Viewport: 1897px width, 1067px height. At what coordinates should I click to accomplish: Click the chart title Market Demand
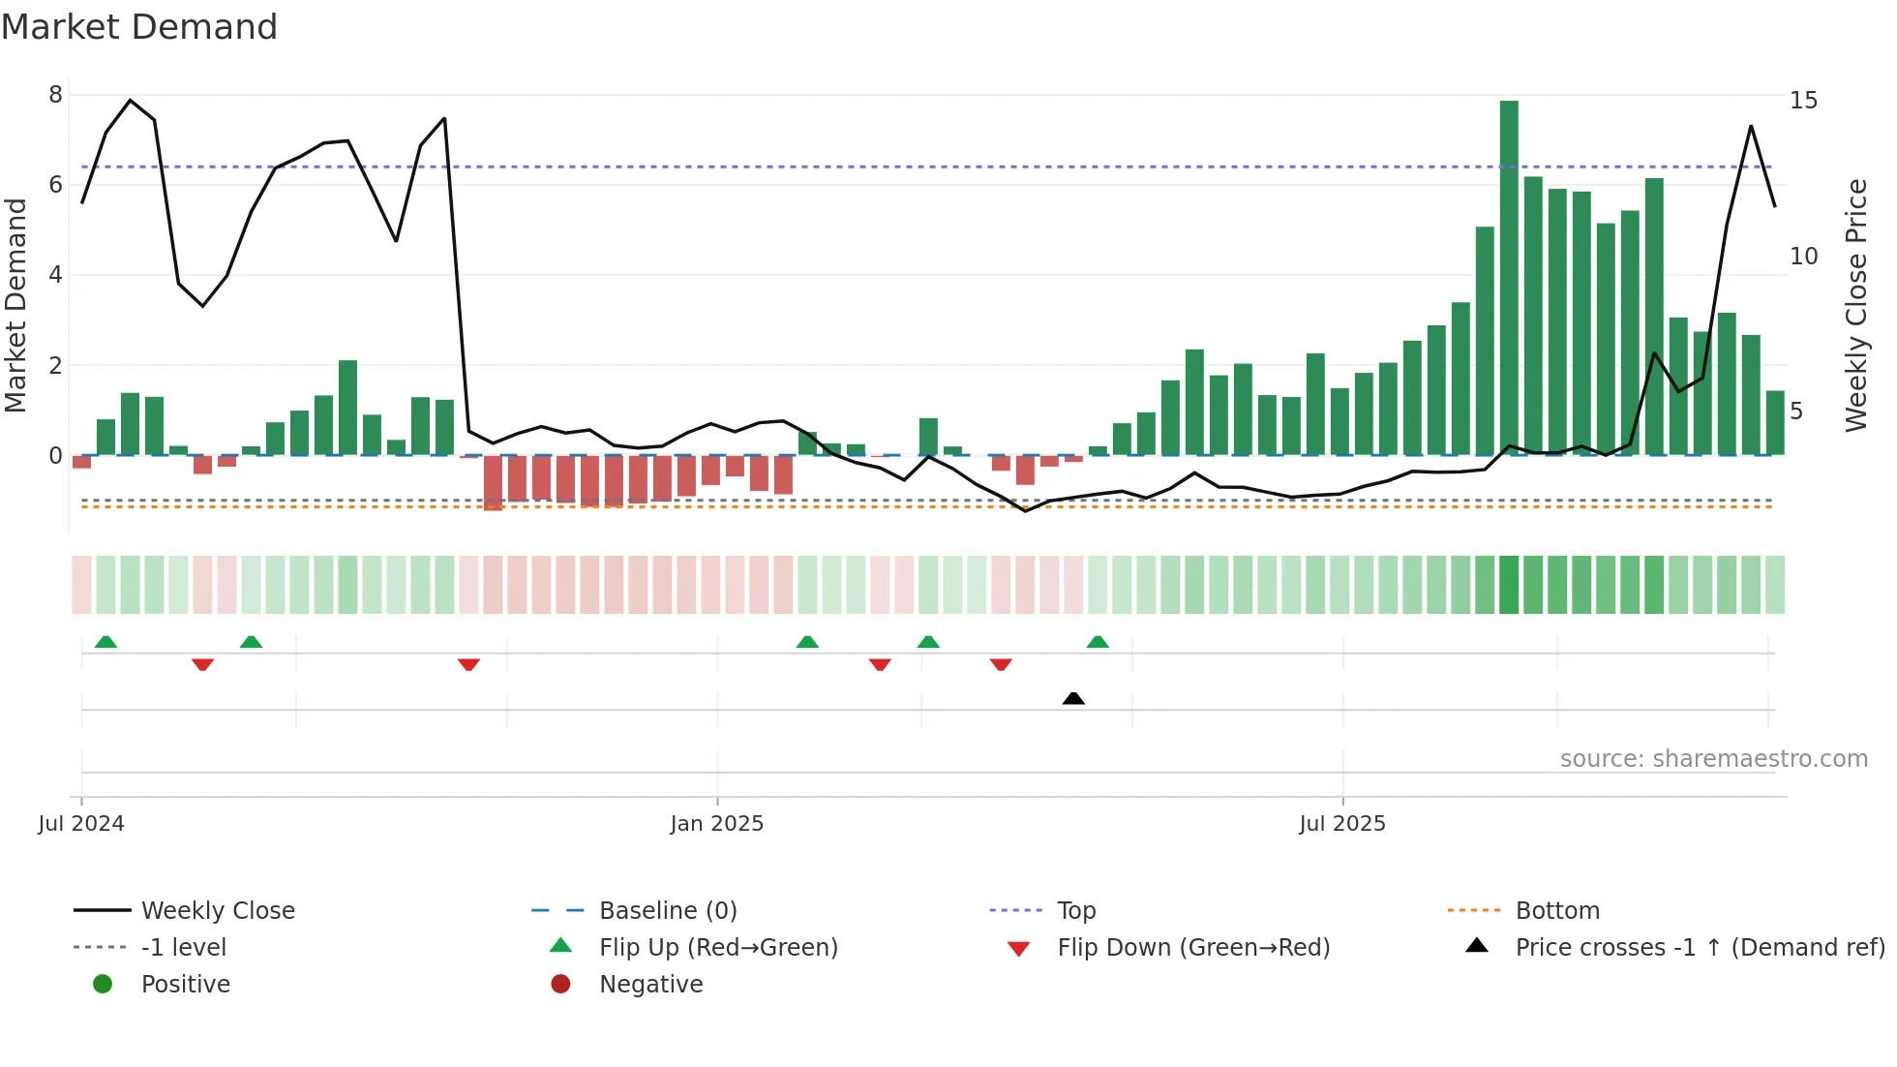139,27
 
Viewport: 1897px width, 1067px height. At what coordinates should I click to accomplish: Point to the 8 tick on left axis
55,95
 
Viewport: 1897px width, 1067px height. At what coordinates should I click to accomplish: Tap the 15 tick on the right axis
1803,101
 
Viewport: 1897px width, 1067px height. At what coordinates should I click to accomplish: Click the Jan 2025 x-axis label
716,824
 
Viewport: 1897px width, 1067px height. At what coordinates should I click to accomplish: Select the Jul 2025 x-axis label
1341,824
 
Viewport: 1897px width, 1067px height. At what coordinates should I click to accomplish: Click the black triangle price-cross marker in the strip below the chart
1073,698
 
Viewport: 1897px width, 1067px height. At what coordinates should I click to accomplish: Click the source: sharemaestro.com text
1713,759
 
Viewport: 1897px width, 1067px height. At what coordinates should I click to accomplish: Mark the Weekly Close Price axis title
1855,305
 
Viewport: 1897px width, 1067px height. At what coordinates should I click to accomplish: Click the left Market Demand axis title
15,305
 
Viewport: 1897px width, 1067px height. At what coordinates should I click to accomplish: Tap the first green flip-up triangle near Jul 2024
105,642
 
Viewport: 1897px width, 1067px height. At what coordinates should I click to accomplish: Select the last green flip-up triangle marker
1098,642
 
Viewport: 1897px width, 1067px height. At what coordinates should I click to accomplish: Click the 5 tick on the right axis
1796,412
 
